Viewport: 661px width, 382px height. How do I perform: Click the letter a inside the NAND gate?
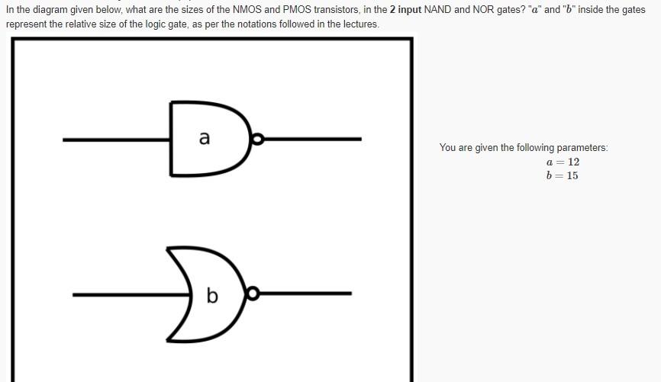[x=204, y=138]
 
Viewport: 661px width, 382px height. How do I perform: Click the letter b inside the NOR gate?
[x=212, y=295]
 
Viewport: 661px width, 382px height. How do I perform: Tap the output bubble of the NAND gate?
[x=258, y=139]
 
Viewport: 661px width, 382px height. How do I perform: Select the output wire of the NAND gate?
[x=313, y=139]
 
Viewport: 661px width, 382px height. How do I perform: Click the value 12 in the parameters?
[x=573, y=162]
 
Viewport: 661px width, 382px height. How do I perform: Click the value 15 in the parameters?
[x=572, y=176]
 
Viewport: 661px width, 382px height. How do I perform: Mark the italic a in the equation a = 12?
[x=550, y=162]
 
